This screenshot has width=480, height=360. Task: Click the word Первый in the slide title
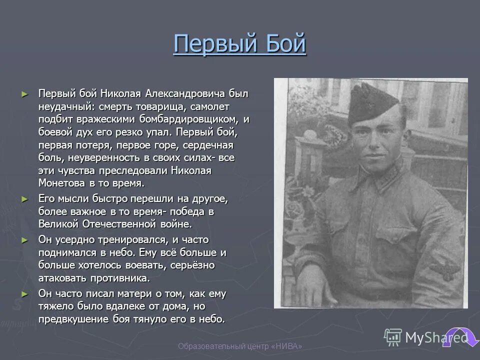click(211, 44)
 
